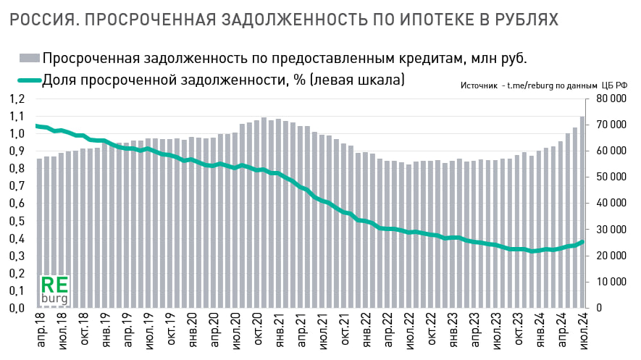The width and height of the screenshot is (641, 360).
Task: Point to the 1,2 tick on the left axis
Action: click(x=15, y=99)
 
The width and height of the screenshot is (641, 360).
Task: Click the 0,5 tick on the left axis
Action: click(x=15, y=222)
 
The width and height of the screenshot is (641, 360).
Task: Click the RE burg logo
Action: click(x=54, y=288)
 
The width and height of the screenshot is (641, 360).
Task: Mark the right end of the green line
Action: click(x=582, y=242)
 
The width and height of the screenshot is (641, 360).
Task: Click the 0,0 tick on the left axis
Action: click(x=15, y=309)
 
